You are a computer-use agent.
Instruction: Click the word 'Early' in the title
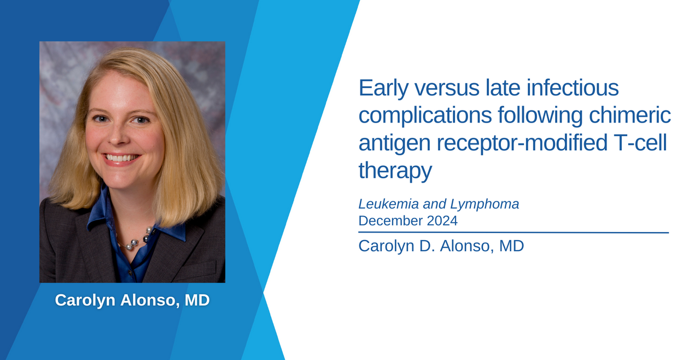pyautogui.click(x=383, y=88)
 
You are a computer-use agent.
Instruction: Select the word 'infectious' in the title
pyautogui.click(x=573, y=88)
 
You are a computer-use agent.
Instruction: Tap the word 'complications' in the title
pyautogui.click(x=425, y=116)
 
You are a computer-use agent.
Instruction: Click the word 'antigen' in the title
pyautogui.click(x=394, y=143)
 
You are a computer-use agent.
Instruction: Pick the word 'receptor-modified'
pyautogui.click(x=522, y=143)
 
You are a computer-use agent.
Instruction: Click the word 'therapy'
pyautogui.click(x=395, y=171)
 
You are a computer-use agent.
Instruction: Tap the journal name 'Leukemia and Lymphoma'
pyautogui.click(x=439, y=204)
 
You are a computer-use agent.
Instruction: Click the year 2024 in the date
pyautogui.click(x=442, y=221)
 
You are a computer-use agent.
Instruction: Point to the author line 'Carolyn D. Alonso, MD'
pyautogui.click(x=441, y=246)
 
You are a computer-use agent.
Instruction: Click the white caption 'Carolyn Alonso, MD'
pyautogui.click(x=132, y=300)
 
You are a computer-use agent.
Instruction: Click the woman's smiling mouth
pyautogui.click(x=121, y=159)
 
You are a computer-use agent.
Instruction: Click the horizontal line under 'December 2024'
pyautogui.click(x=514, y=233)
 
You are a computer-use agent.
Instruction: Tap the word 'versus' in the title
pyautogui.click(x=447, y=88)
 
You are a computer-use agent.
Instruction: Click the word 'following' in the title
pyautogui.click(x=540, y=116)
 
